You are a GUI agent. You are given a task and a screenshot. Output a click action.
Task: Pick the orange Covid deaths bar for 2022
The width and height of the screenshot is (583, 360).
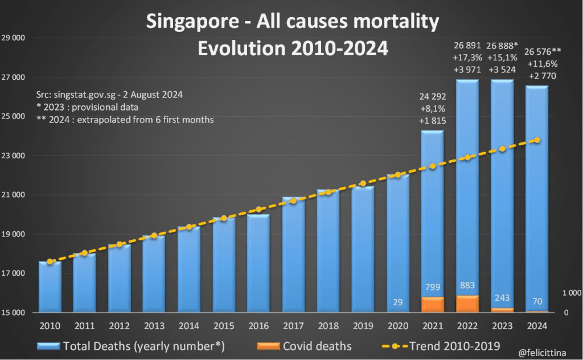tap(467, 304)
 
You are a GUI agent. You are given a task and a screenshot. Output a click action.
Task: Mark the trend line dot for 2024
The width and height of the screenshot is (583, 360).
tap(537, 140)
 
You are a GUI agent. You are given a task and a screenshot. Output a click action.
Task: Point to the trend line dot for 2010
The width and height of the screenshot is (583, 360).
tap(50, 261)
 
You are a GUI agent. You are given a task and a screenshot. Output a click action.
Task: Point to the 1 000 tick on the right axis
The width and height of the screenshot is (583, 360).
tap(572, 293)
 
